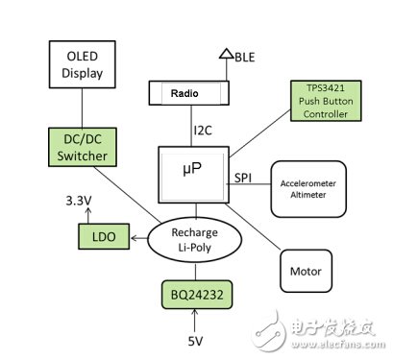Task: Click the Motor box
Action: (307, 272)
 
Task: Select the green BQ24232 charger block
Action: (196, 290)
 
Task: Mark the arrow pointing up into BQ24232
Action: (196, 318)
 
